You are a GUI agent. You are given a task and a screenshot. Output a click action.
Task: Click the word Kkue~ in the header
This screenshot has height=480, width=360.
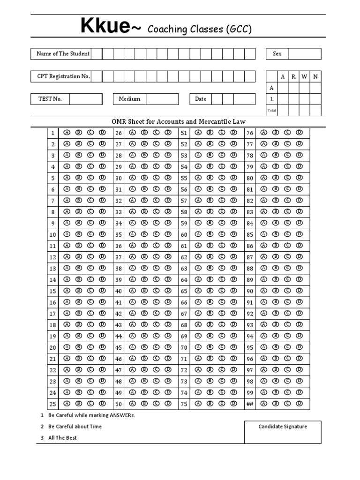111,27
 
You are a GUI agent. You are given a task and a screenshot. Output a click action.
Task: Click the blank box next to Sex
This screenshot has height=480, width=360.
304,54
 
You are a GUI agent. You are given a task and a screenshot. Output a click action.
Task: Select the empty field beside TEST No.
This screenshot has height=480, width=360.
86,99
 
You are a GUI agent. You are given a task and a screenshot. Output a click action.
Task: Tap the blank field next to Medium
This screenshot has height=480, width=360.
162,99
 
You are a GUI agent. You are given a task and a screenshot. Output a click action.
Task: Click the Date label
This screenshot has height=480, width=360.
201,99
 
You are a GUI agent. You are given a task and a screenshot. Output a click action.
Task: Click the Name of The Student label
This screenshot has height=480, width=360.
63,54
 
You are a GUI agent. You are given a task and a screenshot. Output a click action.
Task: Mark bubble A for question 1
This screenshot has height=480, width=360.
67,133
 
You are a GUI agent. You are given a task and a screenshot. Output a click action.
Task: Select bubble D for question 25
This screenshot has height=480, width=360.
102,404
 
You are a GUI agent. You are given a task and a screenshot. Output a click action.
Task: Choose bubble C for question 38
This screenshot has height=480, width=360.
156,268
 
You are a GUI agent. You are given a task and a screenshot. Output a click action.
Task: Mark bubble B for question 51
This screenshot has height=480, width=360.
210,133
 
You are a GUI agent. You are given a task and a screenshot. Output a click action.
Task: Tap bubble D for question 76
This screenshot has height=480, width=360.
299,133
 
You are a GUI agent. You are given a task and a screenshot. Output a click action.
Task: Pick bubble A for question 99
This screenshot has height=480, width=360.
264,392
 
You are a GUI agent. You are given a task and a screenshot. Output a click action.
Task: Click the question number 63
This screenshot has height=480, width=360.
184,269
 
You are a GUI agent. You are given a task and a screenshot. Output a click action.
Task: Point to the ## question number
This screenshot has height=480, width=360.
250,404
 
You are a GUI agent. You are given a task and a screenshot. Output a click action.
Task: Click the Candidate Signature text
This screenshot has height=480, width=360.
283,427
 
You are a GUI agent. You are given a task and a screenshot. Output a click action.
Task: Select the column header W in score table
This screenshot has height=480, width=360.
304,77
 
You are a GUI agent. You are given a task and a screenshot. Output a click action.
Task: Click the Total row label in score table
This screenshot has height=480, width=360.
271,111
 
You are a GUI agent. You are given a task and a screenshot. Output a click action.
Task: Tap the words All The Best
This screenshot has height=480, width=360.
62,438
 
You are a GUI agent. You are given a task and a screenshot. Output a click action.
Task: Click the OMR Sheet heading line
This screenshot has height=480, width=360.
178,122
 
